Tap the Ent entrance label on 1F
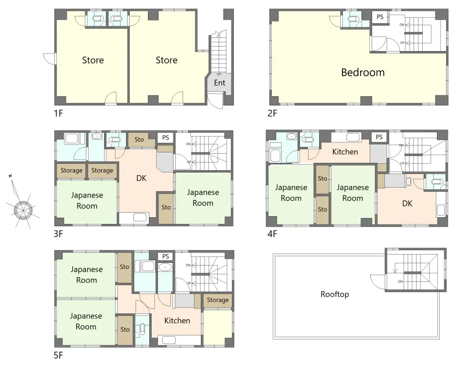pyautogui.click(x=220, y=83)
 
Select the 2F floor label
pyautogui.click(x=272, y=113)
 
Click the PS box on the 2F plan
pyautogui.click(x=380, y=17)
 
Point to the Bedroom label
pyautogui.click(x=363, y=72)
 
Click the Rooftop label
pyautogui.click(x=335, y=294)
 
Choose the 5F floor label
pyautogui.click(x=58, y=355)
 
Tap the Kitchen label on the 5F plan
pyautogui.click(x=177, y=320)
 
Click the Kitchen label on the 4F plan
pyautogui.click(x=345, y=152)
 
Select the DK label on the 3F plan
pyautogui.click(x=142, y=178)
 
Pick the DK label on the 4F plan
pyautogui.click(x=407, y=203)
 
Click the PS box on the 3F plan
pyautogui.click(x=166, y=137)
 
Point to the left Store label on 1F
pyautogui.click(x=93, y=60)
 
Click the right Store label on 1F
pyautogui.click(x=167, y=60)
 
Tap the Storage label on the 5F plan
pyautogui.click(x=218, y=300)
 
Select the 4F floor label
pyautogui.click(x=272, y=234)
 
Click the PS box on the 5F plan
pyautogui.click(x=166, y=256)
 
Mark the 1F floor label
pyautogui.click(x=58, y=113)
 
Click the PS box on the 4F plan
pyautogui.click(x=379, y=137)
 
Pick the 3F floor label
pyautogui.click(x=58, y=234)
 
